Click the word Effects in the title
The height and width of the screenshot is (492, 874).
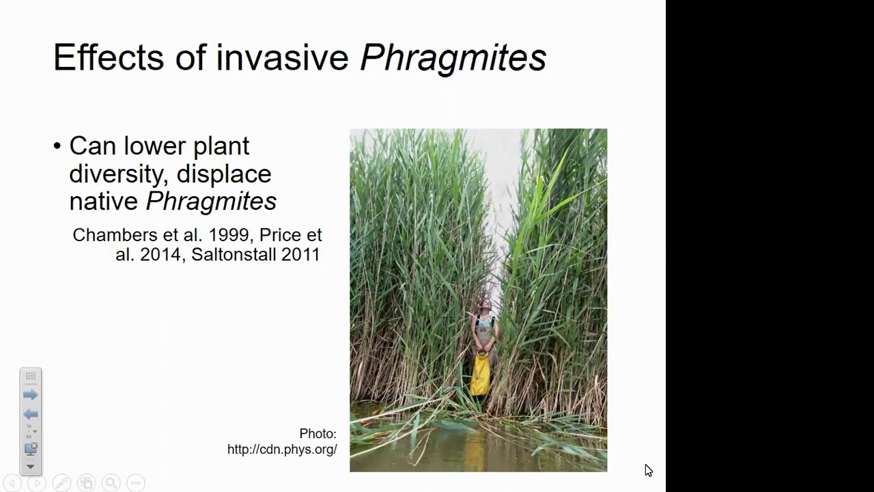point(108,57)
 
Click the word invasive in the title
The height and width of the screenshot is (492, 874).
point(282,57)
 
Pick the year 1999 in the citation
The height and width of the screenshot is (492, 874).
point(227,235)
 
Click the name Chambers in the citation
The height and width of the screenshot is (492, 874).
point(114,235)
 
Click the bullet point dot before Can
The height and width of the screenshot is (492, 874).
point(57,146)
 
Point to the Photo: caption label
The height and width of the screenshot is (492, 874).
point(318,434)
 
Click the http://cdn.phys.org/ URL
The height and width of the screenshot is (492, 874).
point(282,450)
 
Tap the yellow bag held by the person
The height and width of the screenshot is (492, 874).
point(481,374)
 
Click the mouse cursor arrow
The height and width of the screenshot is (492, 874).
point(648,470)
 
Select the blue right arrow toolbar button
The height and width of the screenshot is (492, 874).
point(31,395)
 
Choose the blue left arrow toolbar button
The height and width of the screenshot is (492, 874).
point(31,414)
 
